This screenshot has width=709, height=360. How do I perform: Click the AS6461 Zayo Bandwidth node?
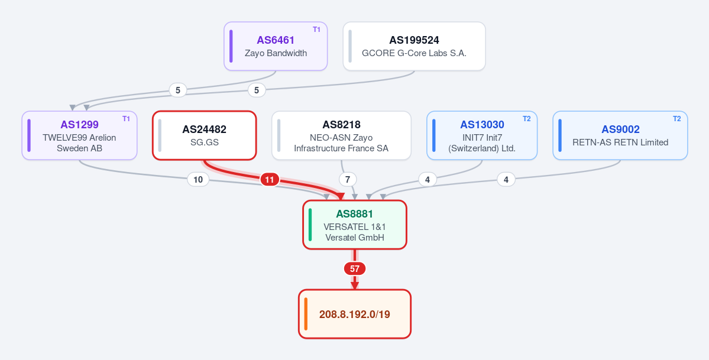click(x=276, y=46)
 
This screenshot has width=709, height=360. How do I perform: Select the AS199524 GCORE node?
click(x=414, y=46)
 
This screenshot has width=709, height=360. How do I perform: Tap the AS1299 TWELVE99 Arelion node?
click(x=80, y=135)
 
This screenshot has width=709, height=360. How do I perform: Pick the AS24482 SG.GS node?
click(x=205, y=135)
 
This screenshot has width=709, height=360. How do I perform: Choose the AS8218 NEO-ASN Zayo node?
click(x=341, y=135)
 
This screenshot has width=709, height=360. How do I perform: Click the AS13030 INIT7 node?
click(x=482, y=135)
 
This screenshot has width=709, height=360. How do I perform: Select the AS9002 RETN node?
click(x=620, y=135)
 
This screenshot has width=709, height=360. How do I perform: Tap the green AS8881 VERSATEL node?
click(x=355, y=224)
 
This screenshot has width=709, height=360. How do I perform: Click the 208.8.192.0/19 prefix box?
click(x=355, y=314)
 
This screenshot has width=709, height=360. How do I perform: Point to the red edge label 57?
click(x=355, y=268)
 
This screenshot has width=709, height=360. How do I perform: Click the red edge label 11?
click(x=270, y=180)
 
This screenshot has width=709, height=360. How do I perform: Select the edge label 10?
click(x=198, y=180)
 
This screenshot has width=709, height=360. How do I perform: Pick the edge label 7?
click(x=347, y=180)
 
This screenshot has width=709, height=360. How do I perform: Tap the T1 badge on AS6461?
click(x=316, y=30)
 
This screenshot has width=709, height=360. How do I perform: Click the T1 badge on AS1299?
click(x=126, y=118)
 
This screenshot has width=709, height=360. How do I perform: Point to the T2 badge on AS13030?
click(x=527, y=118)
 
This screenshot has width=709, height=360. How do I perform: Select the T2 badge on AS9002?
click(x=677, y=118)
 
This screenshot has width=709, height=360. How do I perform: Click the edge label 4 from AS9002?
click(x=506, y=180)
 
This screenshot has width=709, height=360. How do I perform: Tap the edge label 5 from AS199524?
click(x=257, y=90)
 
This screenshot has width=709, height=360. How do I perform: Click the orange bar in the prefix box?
click(x=306, y=314)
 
